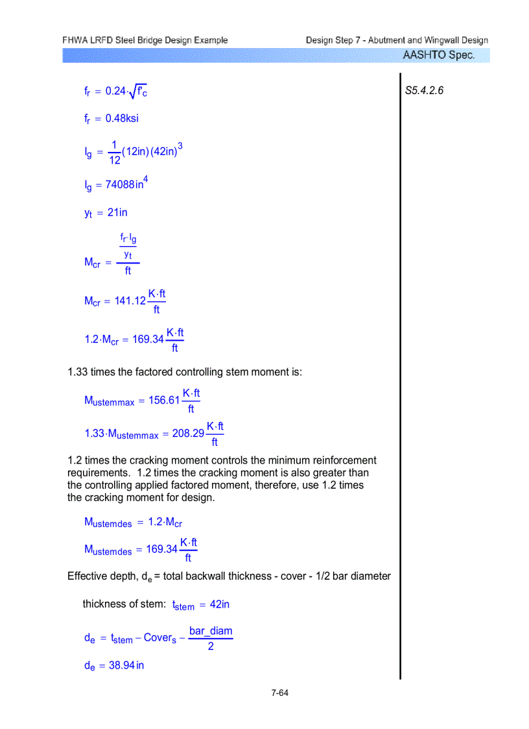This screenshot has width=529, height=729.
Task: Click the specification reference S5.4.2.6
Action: pos(424,91)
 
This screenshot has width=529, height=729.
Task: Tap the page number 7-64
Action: pos(280,693)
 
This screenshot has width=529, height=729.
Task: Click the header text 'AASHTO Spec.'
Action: pos(438,55)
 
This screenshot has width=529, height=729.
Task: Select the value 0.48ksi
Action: pos(122,118)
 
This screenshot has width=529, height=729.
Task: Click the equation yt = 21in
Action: pos(106,212)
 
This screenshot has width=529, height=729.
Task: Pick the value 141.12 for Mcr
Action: pos(130,301)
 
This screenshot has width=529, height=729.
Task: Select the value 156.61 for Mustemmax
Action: pos(164,401)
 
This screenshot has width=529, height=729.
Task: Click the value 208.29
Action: pos(188,434)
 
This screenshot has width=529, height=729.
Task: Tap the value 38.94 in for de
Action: pos(126,665)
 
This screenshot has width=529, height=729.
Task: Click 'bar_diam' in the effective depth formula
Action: pos(211,631)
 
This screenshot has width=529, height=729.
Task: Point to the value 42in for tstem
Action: pos(221,604)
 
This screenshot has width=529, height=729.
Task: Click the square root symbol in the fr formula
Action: pos(133,92)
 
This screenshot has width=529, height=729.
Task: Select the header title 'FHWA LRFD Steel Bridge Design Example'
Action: pos(145,40)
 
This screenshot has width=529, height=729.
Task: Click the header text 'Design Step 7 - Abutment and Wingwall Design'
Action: pos(397,40)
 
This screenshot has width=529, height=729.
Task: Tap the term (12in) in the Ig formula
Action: pos(135,152)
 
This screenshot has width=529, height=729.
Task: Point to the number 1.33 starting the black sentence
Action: pos(78,372)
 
